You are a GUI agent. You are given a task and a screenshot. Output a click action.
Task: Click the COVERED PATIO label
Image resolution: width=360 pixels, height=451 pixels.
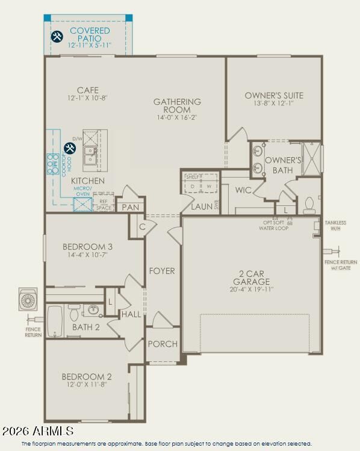pyautogui.click(x=90, y=35)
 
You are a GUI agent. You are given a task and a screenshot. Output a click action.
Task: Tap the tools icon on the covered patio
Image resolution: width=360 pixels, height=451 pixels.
pyautogui.click(x=57, y=37)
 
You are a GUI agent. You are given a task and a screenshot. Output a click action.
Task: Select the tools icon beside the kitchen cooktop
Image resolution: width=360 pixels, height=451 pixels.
pyautogui.click(x=70, y=148)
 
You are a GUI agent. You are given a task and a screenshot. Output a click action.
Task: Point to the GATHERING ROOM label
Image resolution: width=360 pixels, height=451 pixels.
pyautogui.click(x=177, y=106)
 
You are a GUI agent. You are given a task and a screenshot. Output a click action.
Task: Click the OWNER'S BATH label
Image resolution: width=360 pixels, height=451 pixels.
pyautogui.click(x=283, y=165)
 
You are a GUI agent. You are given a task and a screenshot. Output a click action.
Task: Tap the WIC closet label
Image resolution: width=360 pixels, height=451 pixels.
pyautogui.click(x=243, y=190)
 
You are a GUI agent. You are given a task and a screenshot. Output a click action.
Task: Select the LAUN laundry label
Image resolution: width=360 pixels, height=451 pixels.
pyautogui.click(x=200, y=207)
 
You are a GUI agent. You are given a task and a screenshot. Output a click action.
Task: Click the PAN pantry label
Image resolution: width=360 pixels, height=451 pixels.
pyautogui.click(x=131, y=207)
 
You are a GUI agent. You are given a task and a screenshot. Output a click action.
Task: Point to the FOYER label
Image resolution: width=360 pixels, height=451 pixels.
pyautogui.click(x=162, y=271)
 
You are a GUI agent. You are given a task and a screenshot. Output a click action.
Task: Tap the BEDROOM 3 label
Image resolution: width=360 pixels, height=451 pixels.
pyautogui.click(x=88, y=246)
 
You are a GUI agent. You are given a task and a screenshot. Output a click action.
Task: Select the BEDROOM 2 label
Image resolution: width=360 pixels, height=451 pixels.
pyautogui.click(x=87, y=377)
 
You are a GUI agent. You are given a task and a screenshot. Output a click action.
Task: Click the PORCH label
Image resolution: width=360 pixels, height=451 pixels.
pyautogui.click(x=163, y=344)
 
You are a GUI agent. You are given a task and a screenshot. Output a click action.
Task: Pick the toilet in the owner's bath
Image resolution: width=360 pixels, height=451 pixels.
pyautogui.click(x=309, y=205)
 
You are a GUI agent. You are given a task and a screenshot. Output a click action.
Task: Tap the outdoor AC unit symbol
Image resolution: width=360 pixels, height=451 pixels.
pyautogui.click(x=28, y=300)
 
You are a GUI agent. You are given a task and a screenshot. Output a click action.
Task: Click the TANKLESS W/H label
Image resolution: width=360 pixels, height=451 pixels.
pyautogui.click(x=335, y=225)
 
